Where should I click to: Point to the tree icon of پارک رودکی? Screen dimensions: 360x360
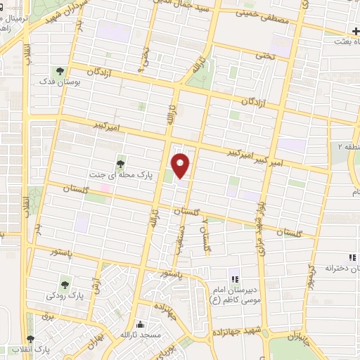(x=65, y=285)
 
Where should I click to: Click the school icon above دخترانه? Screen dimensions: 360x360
(x=352, y=257)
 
